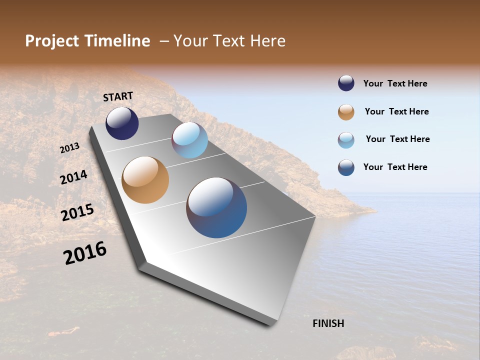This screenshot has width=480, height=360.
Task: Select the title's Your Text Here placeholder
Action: pyautogui.click(x=229, y=41)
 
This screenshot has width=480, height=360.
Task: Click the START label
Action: pyautogui.click(x=118, y=96)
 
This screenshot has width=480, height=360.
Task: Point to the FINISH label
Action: pyautogui.click(x=328, y=323)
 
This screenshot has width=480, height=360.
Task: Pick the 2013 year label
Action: pyautogui.click(x=70, y=148)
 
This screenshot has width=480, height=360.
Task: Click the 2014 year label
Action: pyautogui.click(x=74, y=177)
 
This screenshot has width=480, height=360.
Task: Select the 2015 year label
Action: pyautogui.click(x=77, y=212)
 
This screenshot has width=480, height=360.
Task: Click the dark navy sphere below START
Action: pyautogui.click(x=122, y=123)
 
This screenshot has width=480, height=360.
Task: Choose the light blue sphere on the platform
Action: pyautogui.click(x=189, y=140)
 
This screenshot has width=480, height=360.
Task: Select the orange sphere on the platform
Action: pyautogui.click(x=145, y=180)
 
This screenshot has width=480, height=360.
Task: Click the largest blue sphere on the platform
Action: pyautogui.click(x=216, y=207)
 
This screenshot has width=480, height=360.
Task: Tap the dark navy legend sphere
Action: pyautogui.click(x=346, y=83)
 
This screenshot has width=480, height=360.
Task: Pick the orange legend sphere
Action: pyautogui.click(x=346, y=112)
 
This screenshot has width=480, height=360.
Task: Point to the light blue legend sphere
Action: pyautogui.click(x=346, y=140)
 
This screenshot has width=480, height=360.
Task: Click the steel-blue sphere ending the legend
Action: pyautogui.click(x=346, y=167)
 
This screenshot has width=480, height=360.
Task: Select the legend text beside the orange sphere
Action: pyautogui.click(x=396, y=111)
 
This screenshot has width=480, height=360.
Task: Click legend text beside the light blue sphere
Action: pyautogui.click(x=397, y=139)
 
